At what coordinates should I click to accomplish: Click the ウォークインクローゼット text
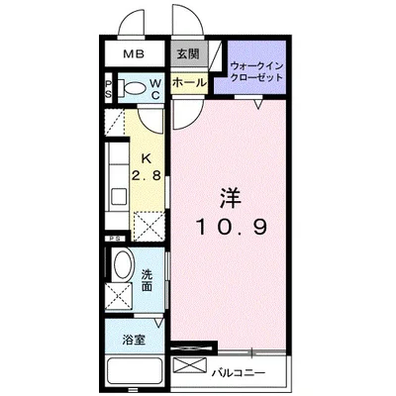(x=255, y=71)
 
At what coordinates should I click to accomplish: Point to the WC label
(x=155, y=89)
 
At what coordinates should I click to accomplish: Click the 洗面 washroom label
(x=146, y=280)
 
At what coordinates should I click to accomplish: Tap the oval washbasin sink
(x=120, y=266)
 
